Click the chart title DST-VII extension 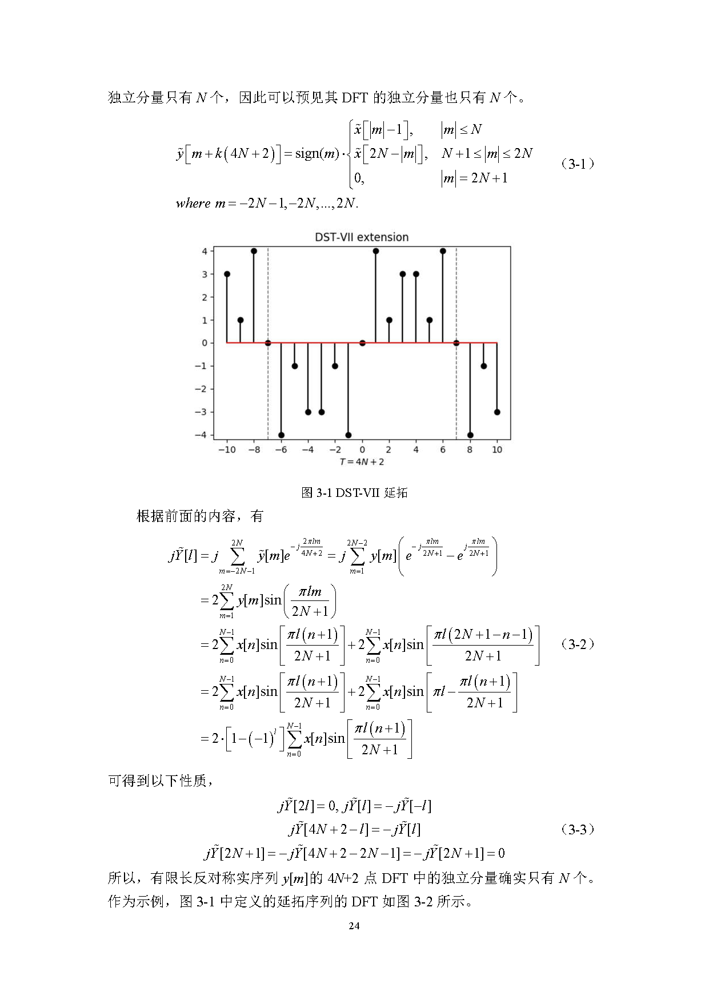362,237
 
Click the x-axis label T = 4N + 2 362,462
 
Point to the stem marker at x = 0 362,343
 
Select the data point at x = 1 375,251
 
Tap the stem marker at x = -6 281,435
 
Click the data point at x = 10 497,412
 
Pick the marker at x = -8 254,251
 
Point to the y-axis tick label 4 204,251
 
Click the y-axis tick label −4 201,435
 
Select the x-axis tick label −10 227,450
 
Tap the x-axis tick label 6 443,450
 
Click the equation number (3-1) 578,164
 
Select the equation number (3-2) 578,644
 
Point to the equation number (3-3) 578,829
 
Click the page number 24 354,926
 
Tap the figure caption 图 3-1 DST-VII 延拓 354,492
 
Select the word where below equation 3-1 193,204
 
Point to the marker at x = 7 456,343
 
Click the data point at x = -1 349,435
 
